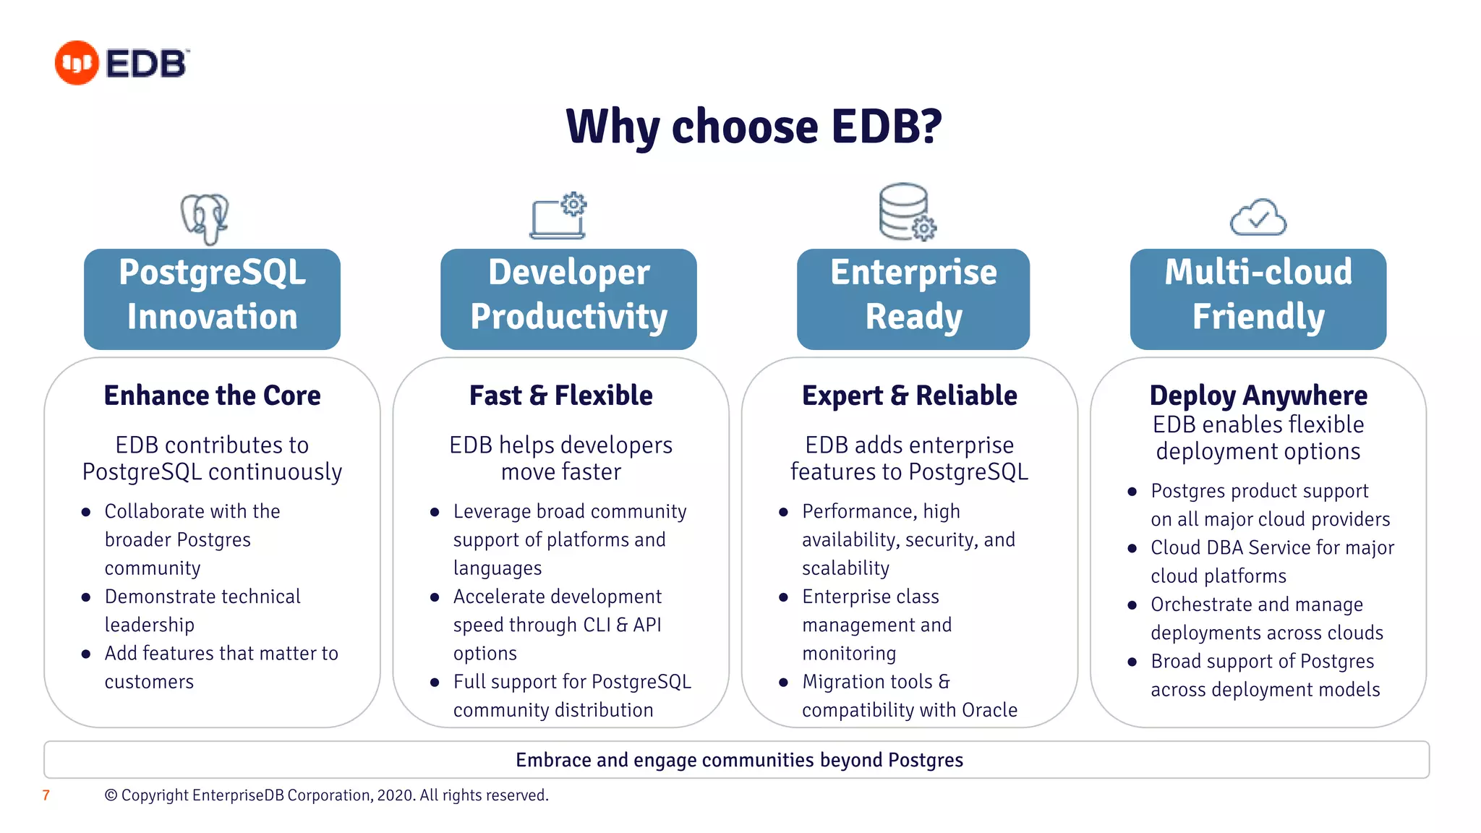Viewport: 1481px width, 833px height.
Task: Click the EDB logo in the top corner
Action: click(x=121, y=63)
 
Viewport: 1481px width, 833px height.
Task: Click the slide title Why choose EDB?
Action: click(x=754, y=127)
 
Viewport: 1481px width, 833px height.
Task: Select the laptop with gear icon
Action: click(x=558, y=216)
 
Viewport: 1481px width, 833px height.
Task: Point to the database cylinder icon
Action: click(x=906, y=211)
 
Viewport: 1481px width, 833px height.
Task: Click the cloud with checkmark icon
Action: click(x=1258, y=217)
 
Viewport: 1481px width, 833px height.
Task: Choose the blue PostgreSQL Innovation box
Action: click(x=212, y=299)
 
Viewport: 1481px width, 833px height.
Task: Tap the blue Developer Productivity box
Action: click(x=568, y=299)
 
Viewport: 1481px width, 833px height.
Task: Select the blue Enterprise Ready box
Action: click(x=913, y=299)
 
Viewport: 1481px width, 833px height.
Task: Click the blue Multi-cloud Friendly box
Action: click(x=1258, y=299)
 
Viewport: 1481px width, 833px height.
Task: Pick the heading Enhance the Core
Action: click(x=212, y=396)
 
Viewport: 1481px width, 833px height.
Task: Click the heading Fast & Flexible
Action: click(x=560, y=396)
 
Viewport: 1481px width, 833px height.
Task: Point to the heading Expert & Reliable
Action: click(x=909, y=396)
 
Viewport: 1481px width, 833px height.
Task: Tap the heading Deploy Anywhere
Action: click(x=1258, y=396)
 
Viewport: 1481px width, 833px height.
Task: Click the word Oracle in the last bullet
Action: click(x=989, y=710)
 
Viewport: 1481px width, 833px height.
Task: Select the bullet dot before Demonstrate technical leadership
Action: click(x=86, y=597)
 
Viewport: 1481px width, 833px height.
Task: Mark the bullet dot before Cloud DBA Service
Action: click(x=1132, y=548)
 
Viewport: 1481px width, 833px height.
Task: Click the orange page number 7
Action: click(x=46, y=795)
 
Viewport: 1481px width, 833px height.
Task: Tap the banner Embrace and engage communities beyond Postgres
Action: click(x=739, y=760)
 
